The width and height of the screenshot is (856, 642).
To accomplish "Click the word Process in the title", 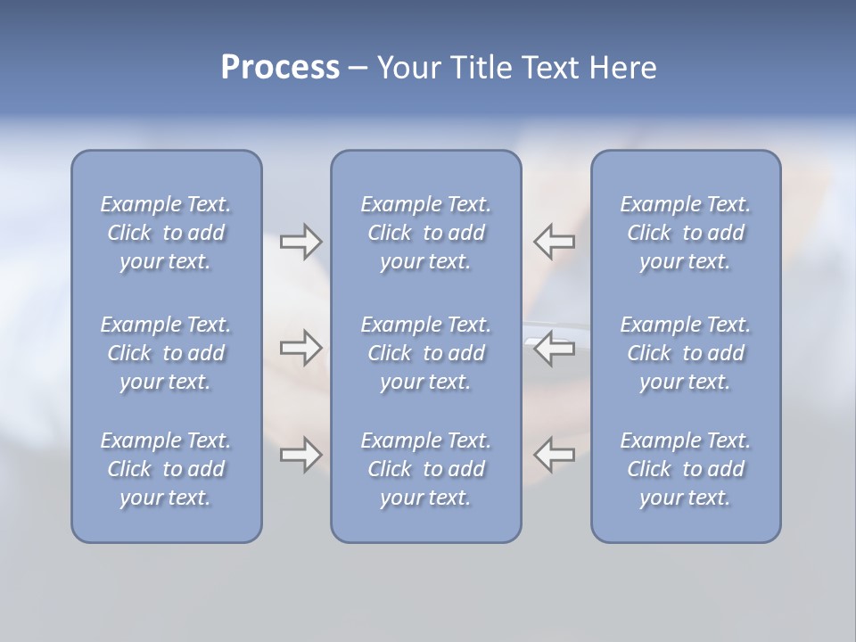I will (x=280, y=68).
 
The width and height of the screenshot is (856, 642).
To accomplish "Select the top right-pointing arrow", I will (x=300, y=242).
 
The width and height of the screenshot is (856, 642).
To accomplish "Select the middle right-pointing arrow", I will (x=300, y=348).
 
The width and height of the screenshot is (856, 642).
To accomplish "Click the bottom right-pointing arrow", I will (x=300, y=455).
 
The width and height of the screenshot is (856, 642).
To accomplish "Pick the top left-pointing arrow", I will (x=555, y=242).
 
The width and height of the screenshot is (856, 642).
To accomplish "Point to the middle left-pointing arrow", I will (x=555, y=348).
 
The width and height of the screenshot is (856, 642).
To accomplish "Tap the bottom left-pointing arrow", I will (x=555, y=455).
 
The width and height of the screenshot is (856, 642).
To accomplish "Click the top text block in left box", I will (x=166, y=233).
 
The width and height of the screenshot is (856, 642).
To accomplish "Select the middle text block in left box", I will (x=166, y=353).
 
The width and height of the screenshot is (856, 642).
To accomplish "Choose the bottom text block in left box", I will (x=166, y=469).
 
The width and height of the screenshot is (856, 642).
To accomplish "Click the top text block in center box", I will (x=426, y=233).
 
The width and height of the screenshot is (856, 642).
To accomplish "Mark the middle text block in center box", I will (x=426, y=353).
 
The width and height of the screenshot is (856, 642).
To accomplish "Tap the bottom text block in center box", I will (x=426, y=469).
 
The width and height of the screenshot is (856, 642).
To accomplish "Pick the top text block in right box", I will (x=686, y=233).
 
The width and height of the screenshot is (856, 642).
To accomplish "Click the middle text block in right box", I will (x=686, y=353).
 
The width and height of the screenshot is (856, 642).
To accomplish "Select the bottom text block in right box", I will (x=686, y=469).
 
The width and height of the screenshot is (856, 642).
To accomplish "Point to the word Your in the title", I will (x=407, y=68).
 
